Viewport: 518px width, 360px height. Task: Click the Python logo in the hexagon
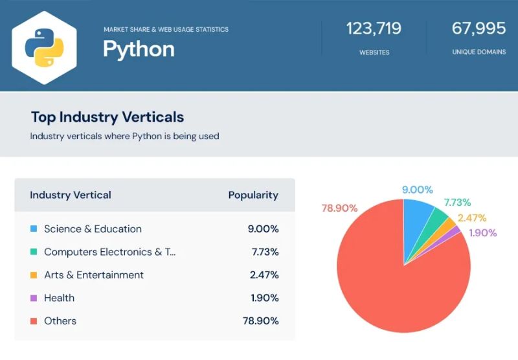(x=44, y=47)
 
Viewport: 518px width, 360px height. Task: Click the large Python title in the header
(x=139, y=49)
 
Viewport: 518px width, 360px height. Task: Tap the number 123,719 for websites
(x=374, y=29)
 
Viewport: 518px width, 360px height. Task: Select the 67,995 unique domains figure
(x=479, y=29)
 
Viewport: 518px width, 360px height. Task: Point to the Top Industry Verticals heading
(x=107, y=117)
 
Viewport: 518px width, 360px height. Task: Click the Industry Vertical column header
(x=71, y=195)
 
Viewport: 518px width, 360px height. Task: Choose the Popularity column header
(x=253, y=195)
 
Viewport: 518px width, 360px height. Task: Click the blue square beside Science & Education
(x=34, y=229)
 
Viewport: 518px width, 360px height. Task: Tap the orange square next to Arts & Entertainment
(x=34, y=275)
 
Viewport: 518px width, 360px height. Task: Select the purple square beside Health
(x=34, y=298)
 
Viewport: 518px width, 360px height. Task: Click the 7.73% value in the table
(x=264, y=252)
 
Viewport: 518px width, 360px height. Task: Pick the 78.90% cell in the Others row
(x=262, y=321)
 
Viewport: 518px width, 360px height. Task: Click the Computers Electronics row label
(x=109, y=252)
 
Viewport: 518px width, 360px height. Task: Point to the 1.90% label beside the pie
(x=482, y=233)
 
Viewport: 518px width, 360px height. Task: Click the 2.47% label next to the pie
(x=471, y=218)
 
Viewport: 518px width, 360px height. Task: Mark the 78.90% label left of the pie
(x=339, y=208)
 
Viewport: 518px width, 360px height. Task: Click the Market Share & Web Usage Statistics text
(x=166, y=29)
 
